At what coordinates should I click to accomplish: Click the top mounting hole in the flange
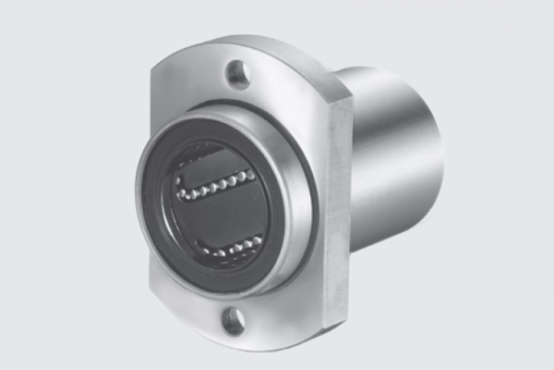tap(238, 72)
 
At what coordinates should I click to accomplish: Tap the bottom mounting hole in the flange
tap(234, 320)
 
